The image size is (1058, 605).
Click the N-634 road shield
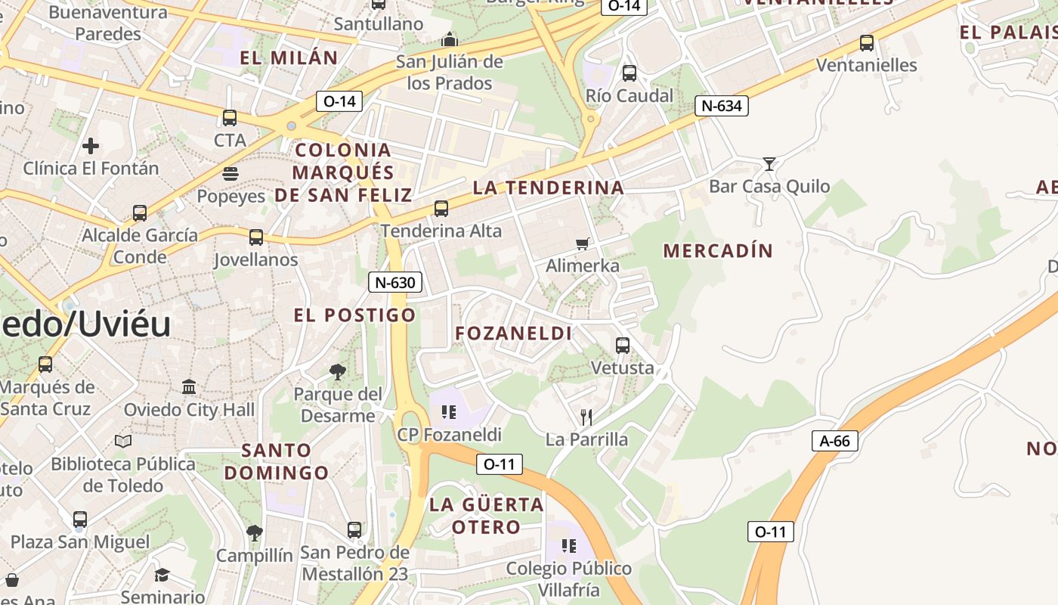[722, 106]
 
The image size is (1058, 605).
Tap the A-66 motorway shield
[835, 441]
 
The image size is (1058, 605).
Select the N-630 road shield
[395, 283]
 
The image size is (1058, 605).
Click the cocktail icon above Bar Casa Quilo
[769, 163]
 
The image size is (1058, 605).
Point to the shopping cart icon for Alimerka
[582, 244]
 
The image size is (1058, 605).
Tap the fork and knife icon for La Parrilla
[586, 417]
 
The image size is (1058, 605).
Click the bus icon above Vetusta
[623, 346]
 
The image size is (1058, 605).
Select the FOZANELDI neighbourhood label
[514, 334]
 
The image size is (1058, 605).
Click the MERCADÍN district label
[718, 251]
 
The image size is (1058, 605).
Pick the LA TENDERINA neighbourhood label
[549, 188]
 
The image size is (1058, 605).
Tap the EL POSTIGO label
[355, 315]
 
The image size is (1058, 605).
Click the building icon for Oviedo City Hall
[189, 387]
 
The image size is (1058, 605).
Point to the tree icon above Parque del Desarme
[338, 371]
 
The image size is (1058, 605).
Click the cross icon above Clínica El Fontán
[91, 145]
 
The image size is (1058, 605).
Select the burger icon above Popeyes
[230, 174]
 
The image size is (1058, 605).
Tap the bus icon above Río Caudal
[630, 73]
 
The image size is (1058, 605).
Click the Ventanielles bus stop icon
[867, 43]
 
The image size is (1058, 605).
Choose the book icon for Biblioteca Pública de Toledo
[123, 441]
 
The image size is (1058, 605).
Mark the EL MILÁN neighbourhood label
[289, 57]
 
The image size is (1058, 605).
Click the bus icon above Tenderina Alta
[441, 208]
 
